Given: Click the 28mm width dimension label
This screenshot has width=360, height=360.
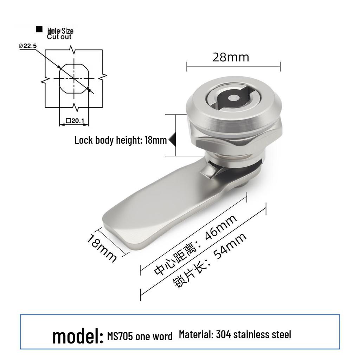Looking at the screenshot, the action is [231, 57].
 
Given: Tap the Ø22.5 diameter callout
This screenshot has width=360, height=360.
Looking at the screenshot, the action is [27, 46].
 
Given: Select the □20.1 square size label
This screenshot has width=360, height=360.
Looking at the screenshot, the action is [75, 121].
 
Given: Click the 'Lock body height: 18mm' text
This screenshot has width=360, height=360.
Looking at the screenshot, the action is [121, 140].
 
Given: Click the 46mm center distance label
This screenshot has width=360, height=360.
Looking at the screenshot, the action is [220, 227].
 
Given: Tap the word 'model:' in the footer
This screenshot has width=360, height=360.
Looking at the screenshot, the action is [78, 336].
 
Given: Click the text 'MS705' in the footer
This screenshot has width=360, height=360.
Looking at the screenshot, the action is [120, 336].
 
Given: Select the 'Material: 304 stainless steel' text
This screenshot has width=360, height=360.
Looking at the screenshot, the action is [235, 335].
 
